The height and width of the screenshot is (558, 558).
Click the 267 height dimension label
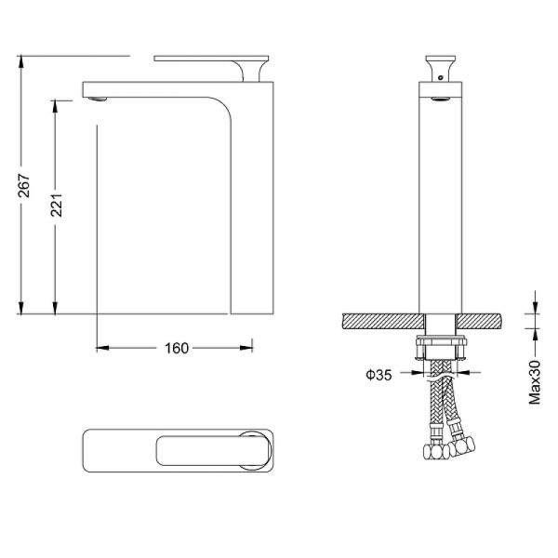click(x=24, y=185)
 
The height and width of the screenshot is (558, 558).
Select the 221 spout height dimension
click(x=57, y=205)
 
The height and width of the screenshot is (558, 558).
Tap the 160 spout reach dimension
click(x=177, y=348)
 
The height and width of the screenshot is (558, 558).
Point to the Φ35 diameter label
click(x=379, y=375)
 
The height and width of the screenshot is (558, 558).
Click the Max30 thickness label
click(x=535, y=382)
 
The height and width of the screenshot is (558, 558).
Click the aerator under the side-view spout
click(x=98, y=99)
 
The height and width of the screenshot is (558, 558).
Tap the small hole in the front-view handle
click(x=441, y=77)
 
